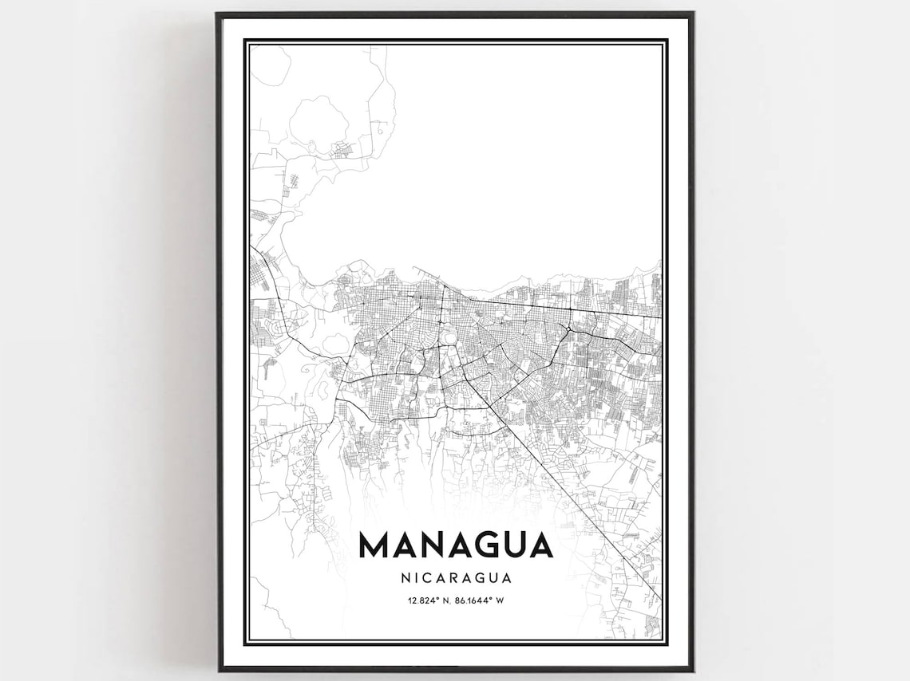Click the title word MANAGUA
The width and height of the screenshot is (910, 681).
pyautogui.click(x=455, y=545)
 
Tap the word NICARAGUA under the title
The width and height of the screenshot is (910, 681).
pyautogui.click(x=455, y=577)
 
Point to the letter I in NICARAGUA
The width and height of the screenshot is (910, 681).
pyautogui.click(x=413, y=577)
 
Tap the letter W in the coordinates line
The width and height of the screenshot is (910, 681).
pyautogui.click(x=500, y=600)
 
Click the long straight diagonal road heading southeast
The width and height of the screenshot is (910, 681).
pyautogui.click(x=575, y=494)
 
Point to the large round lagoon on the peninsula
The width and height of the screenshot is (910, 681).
pyautogui.click(x=318, y=120)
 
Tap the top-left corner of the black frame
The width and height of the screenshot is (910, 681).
pyautogui.click(x=218, y=14)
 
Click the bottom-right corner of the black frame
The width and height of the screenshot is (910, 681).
pyautogui.click(x=691, y=669)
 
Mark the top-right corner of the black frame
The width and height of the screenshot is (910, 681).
pyautogui.click(x=691, y=14)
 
